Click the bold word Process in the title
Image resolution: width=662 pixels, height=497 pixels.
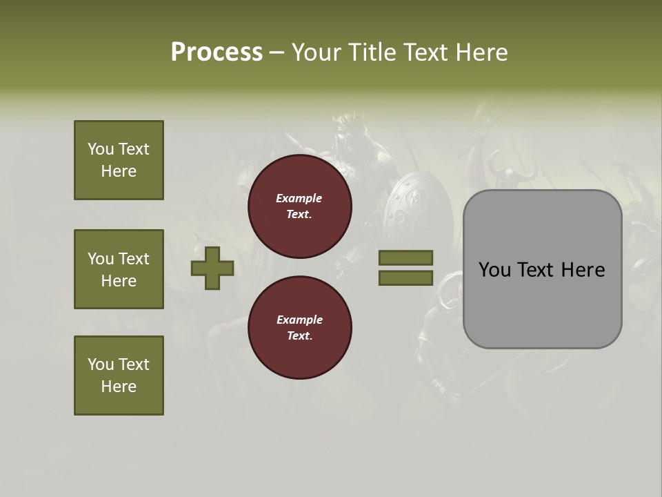(217, 52)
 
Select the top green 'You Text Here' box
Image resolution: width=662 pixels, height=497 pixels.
(119, 160)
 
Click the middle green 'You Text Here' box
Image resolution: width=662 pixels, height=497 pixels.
(119, 269)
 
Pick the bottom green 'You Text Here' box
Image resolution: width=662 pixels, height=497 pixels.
(119, 376)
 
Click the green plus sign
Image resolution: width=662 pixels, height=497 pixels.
(212, 268)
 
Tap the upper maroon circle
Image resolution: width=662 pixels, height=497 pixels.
(300, 206)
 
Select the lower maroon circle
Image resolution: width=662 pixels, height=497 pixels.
(300, 328)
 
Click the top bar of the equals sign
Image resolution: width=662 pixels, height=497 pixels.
(405, 258)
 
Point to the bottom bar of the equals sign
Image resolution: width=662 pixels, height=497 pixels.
(405, 277)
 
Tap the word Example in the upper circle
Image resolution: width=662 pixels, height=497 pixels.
(299, 198)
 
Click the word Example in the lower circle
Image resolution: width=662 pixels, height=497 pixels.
(299, 320)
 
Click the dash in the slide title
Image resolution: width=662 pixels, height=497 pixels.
(277, 53)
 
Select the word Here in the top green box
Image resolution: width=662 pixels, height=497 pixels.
(119, 171)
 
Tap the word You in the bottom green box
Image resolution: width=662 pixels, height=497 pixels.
(101, 364)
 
